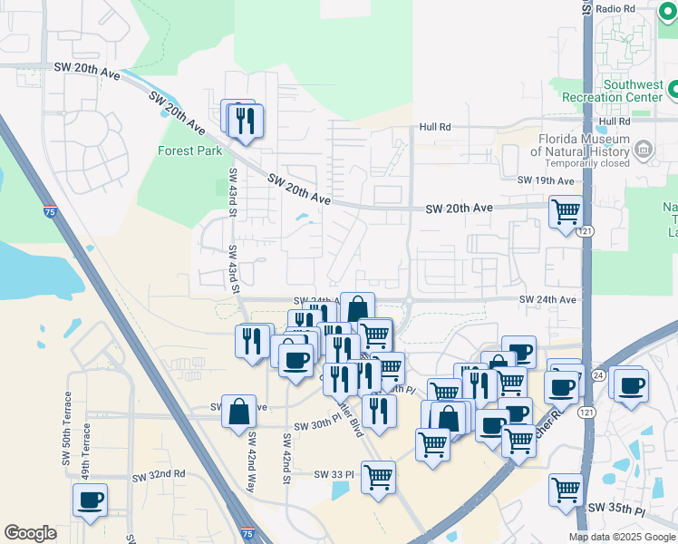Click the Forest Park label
click(189, 151)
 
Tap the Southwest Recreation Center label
click(613, 91)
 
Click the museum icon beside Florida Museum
click(644, 149)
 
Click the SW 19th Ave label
click(546, 180)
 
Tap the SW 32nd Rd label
click(159, 475)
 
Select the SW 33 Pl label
click(333, 474)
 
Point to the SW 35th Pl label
click(615, 510)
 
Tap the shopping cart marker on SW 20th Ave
click(567, 213)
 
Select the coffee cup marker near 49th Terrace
click(91, 500)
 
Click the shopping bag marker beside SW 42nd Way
click(238, 412)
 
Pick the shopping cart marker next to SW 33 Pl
click(378, 476)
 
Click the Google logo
click(30, 533)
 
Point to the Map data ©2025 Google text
click(621, 537)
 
